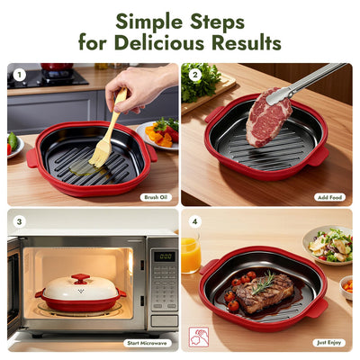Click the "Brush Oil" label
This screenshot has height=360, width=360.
[156, 195]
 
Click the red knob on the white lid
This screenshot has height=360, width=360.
[81, 279]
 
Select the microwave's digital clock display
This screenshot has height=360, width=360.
[163, 256]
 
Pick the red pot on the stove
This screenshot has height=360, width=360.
[56, 68]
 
